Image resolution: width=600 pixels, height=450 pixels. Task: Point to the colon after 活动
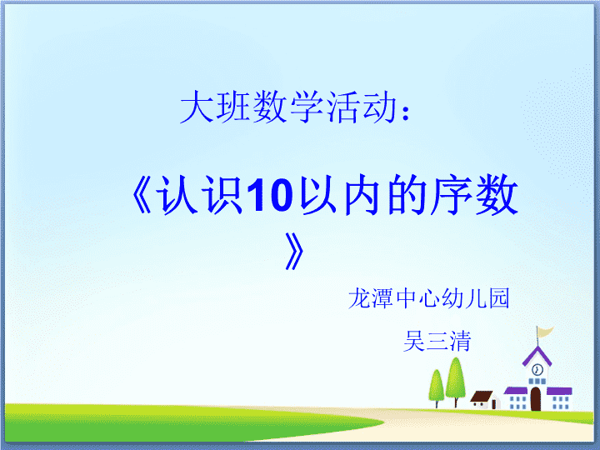pos(406,112)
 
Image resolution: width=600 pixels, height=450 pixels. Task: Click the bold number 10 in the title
pos(270,195)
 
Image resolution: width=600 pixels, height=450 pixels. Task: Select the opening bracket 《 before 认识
pos(142,195)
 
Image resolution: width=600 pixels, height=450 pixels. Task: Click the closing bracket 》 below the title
pos(295,251)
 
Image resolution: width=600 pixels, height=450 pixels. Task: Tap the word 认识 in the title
pos(201,195)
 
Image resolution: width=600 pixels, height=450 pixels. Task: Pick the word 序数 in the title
pos(473,194)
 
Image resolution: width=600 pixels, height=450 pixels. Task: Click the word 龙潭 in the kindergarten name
pos(370,298)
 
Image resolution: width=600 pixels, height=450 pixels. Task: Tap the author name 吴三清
pos(437,341)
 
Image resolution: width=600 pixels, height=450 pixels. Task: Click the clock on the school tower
pos(537,370)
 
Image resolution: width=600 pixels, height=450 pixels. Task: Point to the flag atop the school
pos(545,332)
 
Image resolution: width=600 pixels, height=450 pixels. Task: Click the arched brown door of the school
pos(536,398)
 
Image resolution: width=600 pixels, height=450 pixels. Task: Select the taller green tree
pos(455,382)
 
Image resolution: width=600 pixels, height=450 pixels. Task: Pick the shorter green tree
pos(437,388)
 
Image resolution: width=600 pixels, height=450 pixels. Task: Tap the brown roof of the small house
pos(482,396)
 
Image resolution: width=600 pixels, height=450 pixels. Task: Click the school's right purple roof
pos(559,391)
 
